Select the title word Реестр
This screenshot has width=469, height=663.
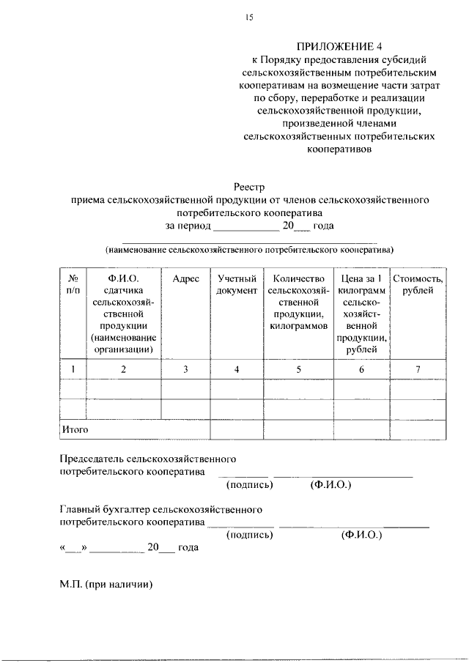248,188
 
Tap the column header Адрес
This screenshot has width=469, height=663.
185,279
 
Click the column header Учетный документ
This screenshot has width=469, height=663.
237,285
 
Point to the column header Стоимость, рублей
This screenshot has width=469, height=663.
418,285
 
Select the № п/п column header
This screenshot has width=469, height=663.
73,285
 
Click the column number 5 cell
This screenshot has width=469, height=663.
298,369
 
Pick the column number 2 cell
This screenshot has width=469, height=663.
124,369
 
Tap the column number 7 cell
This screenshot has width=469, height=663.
418,369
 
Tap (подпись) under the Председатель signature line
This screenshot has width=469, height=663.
249,485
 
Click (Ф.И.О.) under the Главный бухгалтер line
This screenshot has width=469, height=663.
362,535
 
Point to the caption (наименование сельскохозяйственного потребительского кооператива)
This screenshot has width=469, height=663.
248,249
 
